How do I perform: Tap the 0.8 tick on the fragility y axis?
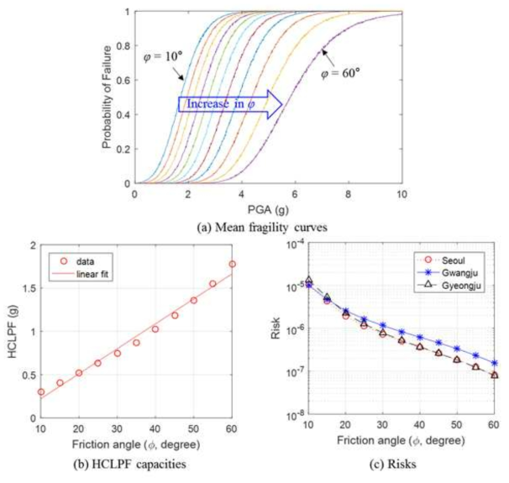126,46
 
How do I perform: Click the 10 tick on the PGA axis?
401,194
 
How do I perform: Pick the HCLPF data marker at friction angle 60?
231,265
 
